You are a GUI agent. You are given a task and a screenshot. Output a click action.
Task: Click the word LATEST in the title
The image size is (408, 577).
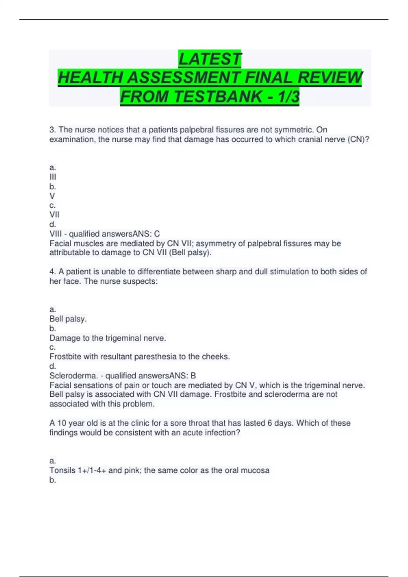tap(210, 59)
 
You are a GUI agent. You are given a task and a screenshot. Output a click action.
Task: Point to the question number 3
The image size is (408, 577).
tap(52, 130)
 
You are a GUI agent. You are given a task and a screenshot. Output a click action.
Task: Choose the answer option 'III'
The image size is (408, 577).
tap(53, 177)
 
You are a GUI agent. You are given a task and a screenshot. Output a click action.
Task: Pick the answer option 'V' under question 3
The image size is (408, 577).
tap(52, 196)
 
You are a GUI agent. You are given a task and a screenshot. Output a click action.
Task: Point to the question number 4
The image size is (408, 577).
tap(52, 272)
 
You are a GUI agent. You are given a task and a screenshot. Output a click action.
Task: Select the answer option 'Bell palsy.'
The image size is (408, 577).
tap(68, 319)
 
